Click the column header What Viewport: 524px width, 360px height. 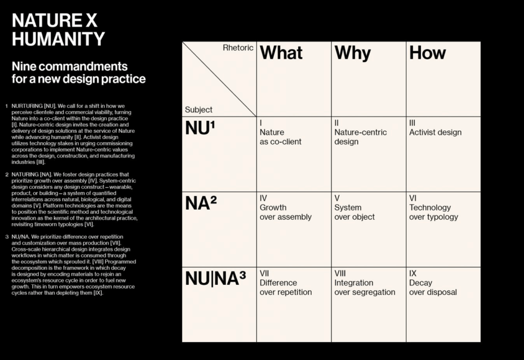point(281,53)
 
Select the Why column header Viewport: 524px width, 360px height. point(353,53)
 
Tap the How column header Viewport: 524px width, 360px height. point(427,53)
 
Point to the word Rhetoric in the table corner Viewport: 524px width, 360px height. point(238,48)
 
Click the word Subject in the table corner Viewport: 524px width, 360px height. point(199,109)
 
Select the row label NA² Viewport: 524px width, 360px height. point(201,204)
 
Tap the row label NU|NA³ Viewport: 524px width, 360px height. point(215,279)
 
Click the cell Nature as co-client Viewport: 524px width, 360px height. point(280,137)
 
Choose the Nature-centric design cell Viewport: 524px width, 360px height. point(360,137)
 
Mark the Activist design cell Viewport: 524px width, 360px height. point(435,132)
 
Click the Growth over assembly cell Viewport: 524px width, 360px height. point(285,212)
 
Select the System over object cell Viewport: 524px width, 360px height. point(354,212)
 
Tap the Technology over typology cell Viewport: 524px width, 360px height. point(433,212)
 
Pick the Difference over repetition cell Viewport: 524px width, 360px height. point(286,287)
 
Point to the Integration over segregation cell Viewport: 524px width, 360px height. point(364,287)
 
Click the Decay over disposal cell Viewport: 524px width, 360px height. point(432,287)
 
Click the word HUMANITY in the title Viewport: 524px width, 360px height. point(58,39)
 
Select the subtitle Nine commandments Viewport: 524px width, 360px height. point(70,66)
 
